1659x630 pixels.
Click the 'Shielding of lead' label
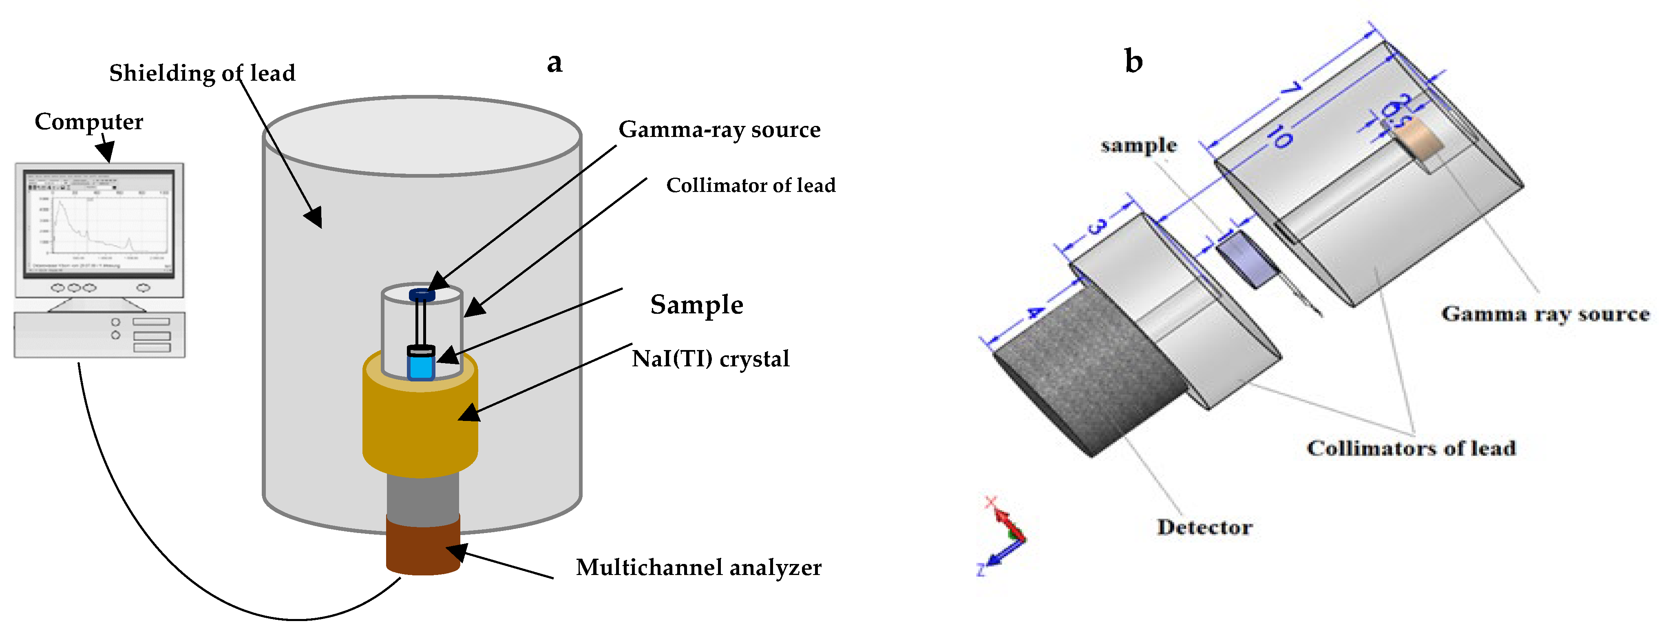click(201, 73)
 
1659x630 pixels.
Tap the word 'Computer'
click(89, 121)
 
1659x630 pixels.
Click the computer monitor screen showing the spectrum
click(99, 223)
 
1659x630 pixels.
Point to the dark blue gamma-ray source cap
click(422, 295)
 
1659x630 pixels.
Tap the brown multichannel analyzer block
click(422, 546)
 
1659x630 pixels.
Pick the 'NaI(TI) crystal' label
click(710, 359)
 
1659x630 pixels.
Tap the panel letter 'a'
click(554, 62)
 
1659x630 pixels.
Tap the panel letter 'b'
click(1133, 61)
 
